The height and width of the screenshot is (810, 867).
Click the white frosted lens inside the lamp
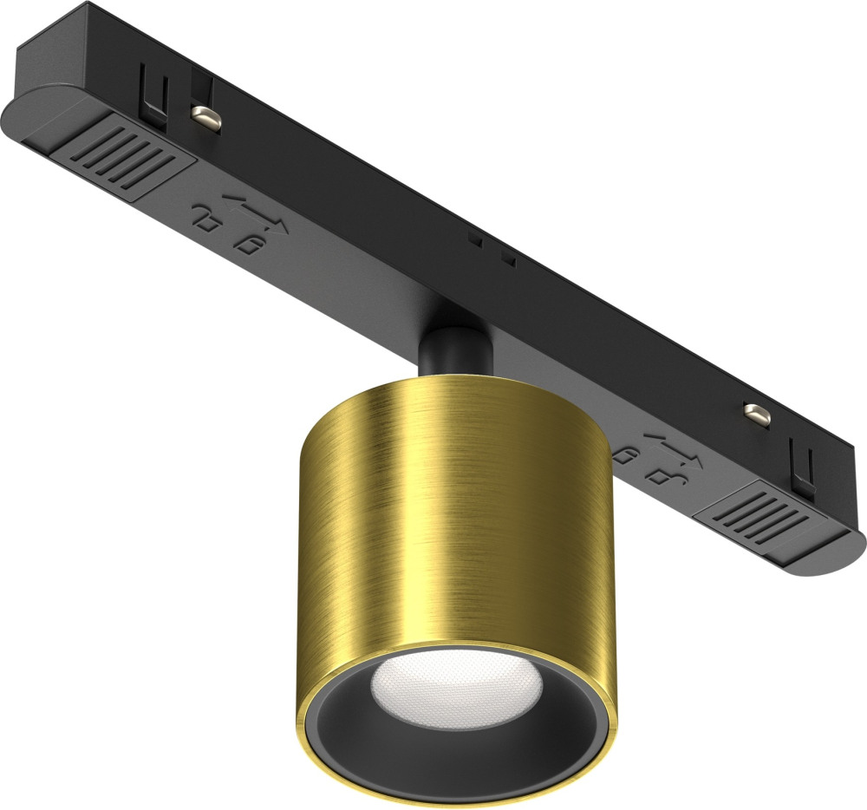coord(457,685)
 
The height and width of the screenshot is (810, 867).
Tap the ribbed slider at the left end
coord(130,156)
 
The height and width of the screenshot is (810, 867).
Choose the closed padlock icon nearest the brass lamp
coord(622,453)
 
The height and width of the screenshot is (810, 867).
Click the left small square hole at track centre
coord(473,236)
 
